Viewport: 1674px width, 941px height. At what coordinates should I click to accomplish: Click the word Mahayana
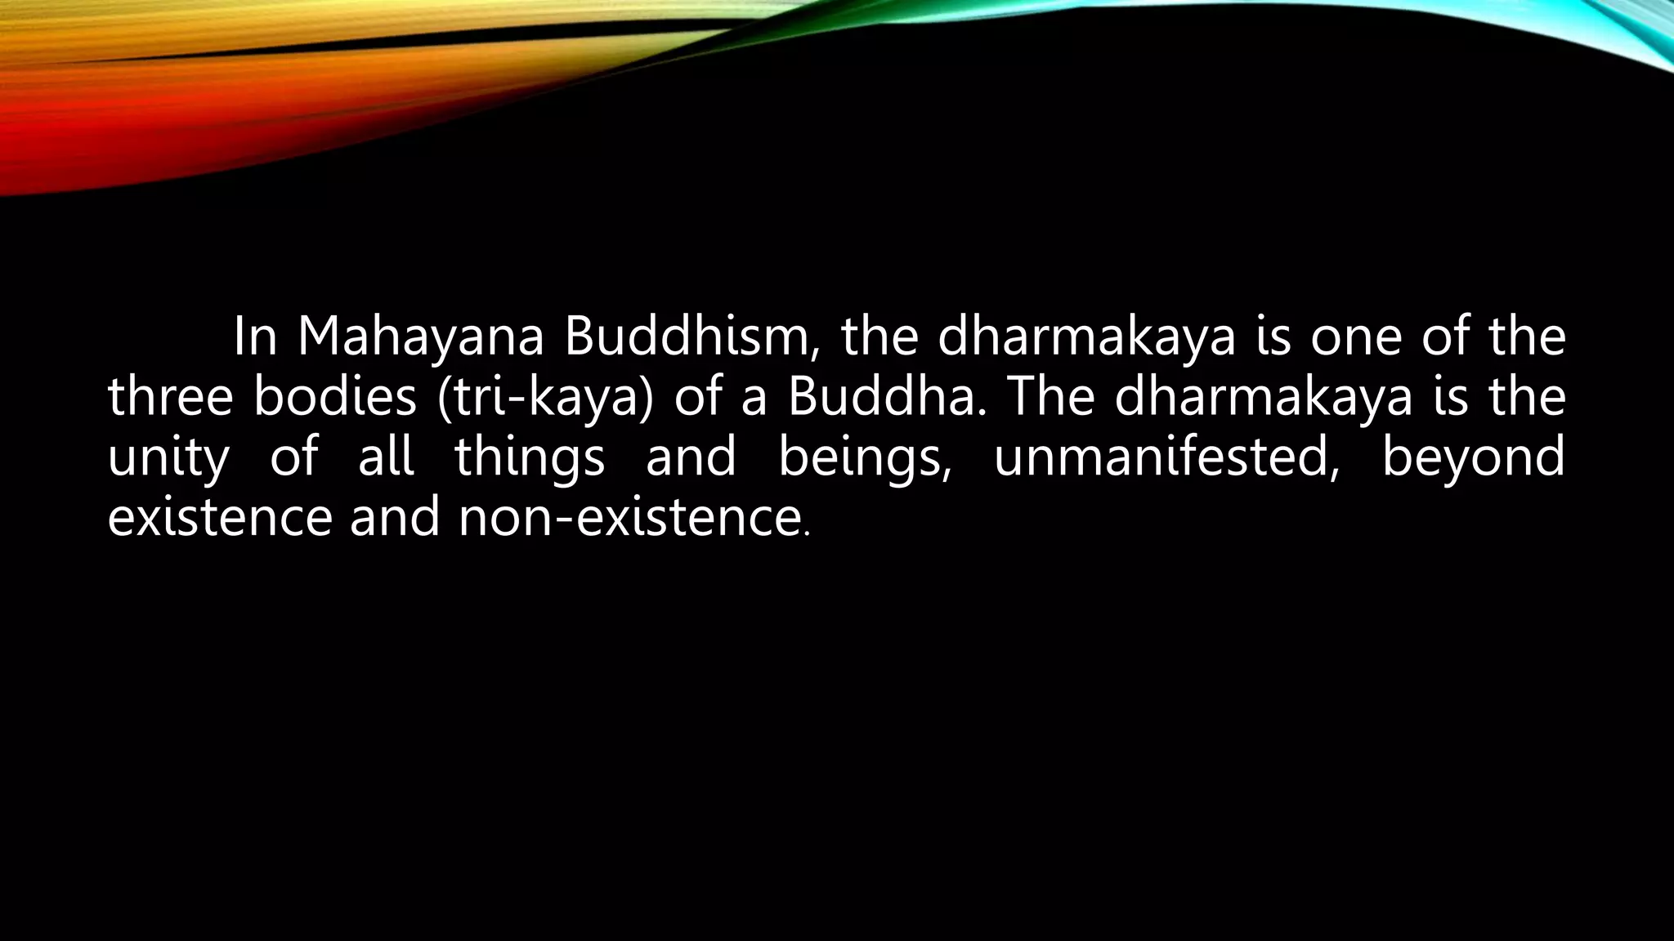[x=420, y=337]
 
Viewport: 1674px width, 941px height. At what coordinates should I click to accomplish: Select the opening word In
[x=255, y=337]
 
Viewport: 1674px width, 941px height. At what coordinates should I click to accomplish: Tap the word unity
[x=168, y=457]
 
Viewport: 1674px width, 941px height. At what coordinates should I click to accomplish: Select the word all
[x=386, y=457]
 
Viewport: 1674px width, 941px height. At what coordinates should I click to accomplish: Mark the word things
[x=530, y=457]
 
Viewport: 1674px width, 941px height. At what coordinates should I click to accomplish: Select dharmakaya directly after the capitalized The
[x=1263, y=398]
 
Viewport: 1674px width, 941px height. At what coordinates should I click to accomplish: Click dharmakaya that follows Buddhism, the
[x=1086, y=337]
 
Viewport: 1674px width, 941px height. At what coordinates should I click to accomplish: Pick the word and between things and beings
[x=691, y=457]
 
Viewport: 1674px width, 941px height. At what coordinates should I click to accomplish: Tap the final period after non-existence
[x=807, y=534]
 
